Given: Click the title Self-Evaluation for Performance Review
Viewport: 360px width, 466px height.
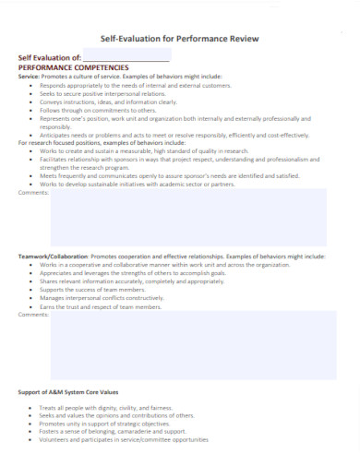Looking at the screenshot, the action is pyautogui.click(x=179, y=39).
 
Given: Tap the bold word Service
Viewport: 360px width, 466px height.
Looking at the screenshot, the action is pyautogui.click(x=29, y=76).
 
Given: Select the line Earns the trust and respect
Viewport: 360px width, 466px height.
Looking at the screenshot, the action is pyautogui.click(x=94, y=307).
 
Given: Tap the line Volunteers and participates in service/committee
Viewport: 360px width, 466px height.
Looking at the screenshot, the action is pyautogui.click(x=124, y=440).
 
